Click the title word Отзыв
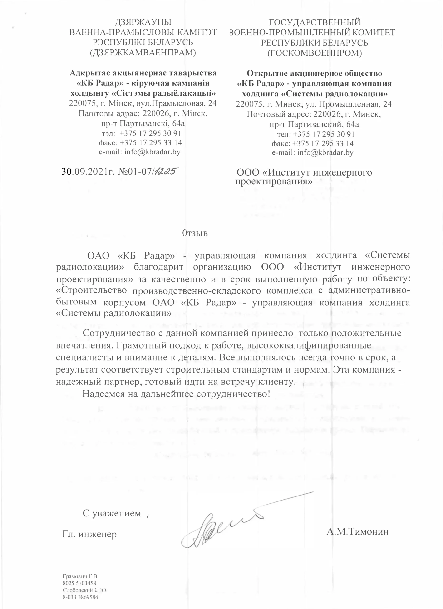pyautogui.click(x=195, y=233)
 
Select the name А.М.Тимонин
pyautogui.click(x=357, y=531)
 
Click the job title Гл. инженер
pyautogui.click(x=89, y=534)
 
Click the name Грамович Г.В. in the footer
pyautogui.click(x=81, y=576)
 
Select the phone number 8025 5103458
pyautogui.click(x=79, y=583)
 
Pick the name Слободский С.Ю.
pyautogui.click(x=85, y=590)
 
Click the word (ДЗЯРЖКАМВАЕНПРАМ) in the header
pyautogui.click(x=143, y=52)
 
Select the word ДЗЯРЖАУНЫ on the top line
pyautogui.click(x=143, y=22)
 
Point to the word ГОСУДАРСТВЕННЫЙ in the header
pyautogui.click(x=315, y=22)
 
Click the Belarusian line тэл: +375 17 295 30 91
pyautogui.click(x=141, y=133)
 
